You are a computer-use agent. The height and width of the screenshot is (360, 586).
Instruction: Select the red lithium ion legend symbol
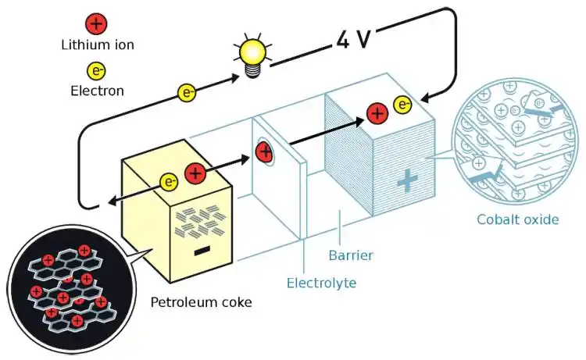pos(96,24)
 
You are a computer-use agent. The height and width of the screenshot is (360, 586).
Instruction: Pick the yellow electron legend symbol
pos(96,71)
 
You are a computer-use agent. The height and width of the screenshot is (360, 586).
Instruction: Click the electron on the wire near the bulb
pos(187,93)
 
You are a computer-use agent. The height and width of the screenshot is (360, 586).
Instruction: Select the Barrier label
pos(350,255)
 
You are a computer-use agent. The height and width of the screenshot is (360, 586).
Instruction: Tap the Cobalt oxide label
pos(518,219)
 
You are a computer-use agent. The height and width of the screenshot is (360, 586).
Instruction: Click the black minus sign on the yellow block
pos(202,251)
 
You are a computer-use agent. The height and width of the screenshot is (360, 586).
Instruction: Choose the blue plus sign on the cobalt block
pos(406,181)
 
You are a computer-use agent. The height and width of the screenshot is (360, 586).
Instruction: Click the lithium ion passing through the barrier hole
pos(265,151)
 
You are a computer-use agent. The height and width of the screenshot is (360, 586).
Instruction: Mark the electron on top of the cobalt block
pos(402,105)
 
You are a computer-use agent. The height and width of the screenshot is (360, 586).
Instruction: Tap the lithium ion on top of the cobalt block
pos(377,114)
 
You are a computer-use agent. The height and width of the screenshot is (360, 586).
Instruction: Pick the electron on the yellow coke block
pos(170,182)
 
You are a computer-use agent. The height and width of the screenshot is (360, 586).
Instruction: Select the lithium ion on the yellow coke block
pos(195,173)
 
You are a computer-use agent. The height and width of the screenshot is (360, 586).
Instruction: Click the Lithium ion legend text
pos(97,45)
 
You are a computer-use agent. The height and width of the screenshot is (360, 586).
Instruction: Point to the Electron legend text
pos(97,91)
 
